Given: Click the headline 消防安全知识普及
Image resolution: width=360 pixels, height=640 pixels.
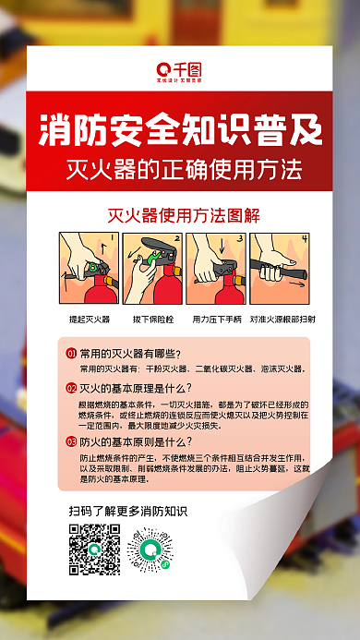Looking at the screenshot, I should (x=179, y=130).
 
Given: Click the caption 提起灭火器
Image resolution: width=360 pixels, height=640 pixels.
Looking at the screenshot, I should (x=90, y=319).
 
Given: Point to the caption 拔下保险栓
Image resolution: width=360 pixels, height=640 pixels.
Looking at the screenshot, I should (x=152, y=319).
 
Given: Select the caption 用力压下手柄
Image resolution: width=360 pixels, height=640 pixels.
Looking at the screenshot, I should (x=214, y=319).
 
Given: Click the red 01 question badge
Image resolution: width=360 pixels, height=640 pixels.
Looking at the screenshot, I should (x=71, y=354).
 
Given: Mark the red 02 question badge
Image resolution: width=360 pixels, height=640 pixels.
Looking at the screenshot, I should (x=71, y=389).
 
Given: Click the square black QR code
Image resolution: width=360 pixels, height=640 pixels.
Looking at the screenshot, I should (x=94, y=549).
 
